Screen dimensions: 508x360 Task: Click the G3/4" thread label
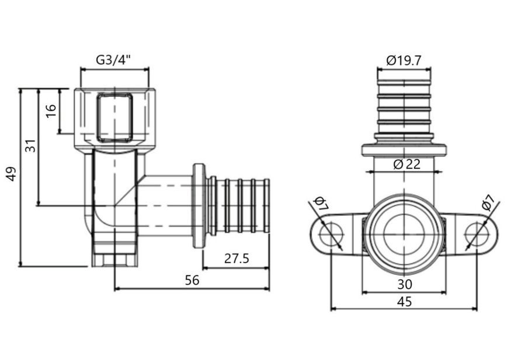pos(113,60)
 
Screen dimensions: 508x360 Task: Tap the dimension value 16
pos(51,110)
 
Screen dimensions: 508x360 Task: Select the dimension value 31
pos(30,146)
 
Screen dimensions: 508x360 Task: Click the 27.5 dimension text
pos(237,258)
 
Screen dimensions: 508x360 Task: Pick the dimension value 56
pos(192,280)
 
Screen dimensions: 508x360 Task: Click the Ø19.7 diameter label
pos(403,60)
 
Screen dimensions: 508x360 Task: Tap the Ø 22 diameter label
pos(407,165)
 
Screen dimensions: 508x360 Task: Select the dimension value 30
pos(405,285)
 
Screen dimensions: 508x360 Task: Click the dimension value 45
pos(405,302)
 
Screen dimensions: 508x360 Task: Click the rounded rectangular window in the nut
pos(114,117)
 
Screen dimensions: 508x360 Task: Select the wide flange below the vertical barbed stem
pos(404,151)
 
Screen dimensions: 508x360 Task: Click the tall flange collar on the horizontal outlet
pos(199,206)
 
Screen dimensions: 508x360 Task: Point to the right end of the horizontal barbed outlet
pos(269,206)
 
